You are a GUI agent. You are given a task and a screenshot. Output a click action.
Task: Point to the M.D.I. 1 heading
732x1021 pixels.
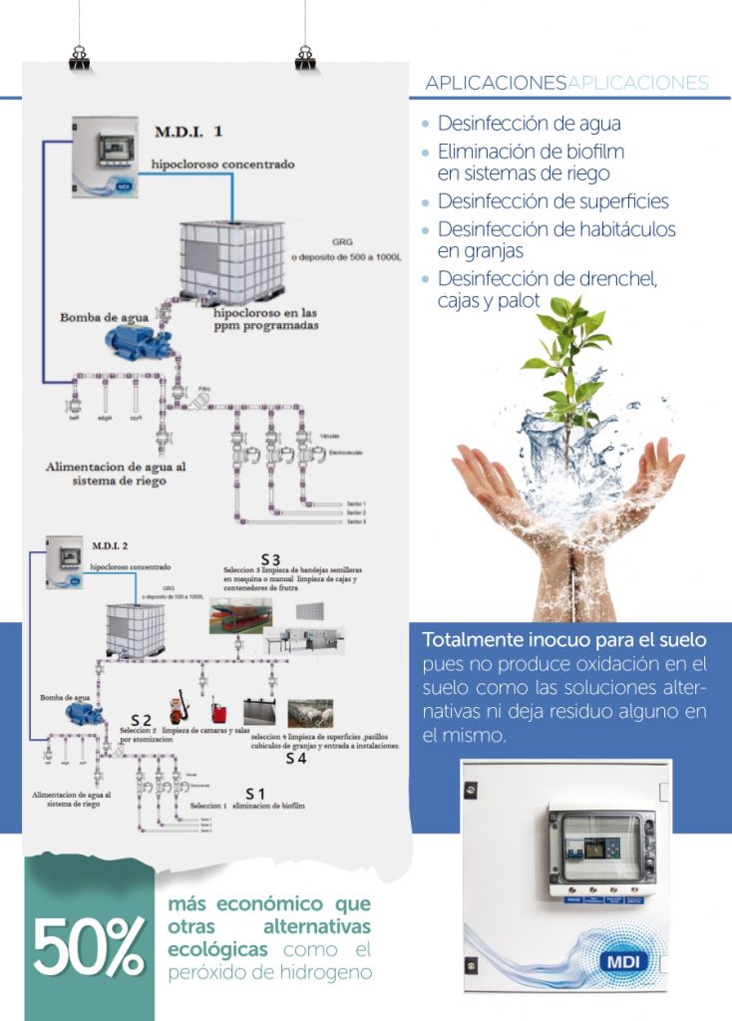coord(188,132)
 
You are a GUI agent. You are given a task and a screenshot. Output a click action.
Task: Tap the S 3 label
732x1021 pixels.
coord(270,557)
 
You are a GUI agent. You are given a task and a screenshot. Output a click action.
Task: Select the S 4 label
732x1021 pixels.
coord(296,759)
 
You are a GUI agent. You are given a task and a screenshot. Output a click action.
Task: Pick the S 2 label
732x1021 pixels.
coord(142,719)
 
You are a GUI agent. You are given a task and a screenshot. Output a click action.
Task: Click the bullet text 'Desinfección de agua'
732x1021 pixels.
coord(529,125)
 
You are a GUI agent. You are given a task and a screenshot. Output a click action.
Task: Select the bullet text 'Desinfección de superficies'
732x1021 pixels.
coord(552,201)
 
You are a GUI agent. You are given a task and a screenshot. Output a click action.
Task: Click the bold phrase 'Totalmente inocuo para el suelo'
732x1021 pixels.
coord(564,638)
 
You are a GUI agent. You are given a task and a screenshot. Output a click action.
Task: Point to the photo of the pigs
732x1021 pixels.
coord(310,714)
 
